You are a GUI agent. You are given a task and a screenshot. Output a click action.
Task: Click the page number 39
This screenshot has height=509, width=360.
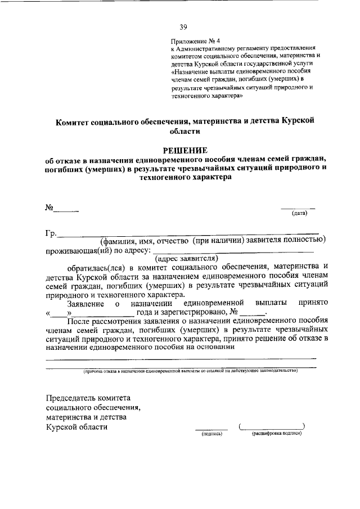[x=183, y=26]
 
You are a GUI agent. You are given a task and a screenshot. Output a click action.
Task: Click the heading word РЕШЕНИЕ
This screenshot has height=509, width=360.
[x=185, y=150]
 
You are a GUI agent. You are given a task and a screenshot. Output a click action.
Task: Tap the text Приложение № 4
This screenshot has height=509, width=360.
[x=191, y=40]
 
